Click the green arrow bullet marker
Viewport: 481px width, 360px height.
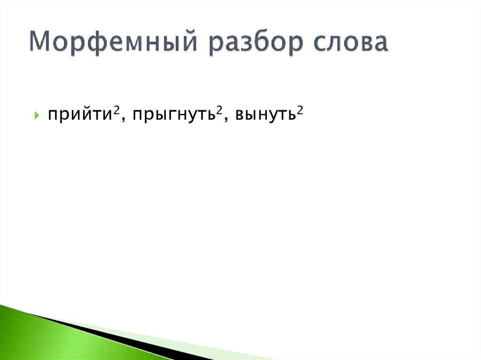37,115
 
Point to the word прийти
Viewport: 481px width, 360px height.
80,115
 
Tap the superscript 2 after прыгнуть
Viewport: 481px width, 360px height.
219,110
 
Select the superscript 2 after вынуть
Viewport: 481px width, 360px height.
298,110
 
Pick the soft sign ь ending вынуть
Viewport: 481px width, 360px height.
289,115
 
